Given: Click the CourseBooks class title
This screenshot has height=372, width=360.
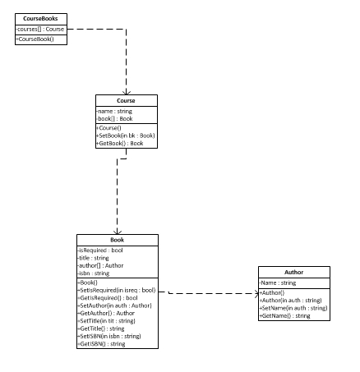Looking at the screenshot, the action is [40, 19].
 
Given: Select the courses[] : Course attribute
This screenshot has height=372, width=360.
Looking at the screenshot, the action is [40, 29].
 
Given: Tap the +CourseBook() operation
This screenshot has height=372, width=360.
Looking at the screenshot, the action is [35, 39].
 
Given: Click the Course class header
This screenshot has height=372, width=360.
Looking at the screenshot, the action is [126, 100].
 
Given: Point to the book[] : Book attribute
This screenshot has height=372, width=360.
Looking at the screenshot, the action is [114, 119].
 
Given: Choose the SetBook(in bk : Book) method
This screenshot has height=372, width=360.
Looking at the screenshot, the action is [126, 135].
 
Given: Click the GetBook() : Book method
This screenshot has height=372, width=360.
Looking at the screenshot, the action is [120, 143].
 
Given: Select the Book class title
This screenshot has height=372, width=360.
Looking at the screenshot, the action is [118, 240].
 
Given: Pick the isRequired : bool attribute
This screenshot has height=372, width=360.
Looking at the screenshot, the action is [100, 250].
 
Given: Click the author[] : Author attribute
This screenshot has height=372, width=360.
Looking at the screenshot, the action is [100, 265].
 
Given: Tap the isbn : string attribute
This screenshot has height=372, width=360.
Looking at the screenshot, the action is [94, 273].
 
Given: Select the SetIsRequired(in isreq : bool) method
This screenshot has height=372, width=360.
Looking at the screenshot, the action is [117, 290].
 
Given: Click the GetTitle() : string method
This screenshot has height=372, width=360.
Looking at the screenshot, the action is [101, 328].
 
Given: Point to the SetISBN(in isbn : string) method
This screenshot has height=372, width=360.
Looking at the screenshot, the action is [109, 336].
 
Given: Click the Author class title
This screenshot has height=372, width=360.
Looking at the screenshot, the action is [294, 272].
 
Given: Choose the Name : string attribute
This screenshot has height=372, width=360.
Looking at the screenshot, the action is [278, 282].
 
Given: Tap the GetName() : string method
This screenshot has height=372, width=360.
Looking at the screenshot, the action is [285, 315].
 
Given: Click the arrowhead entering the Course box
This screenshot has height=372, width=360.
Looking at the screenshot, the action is [127, 93].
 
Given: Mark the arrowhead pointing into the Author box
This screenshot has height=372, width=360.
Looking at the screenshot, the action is [256, 294].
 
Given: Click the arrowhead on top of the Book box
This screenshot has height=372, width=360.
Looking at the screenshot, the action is [118, 232].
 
